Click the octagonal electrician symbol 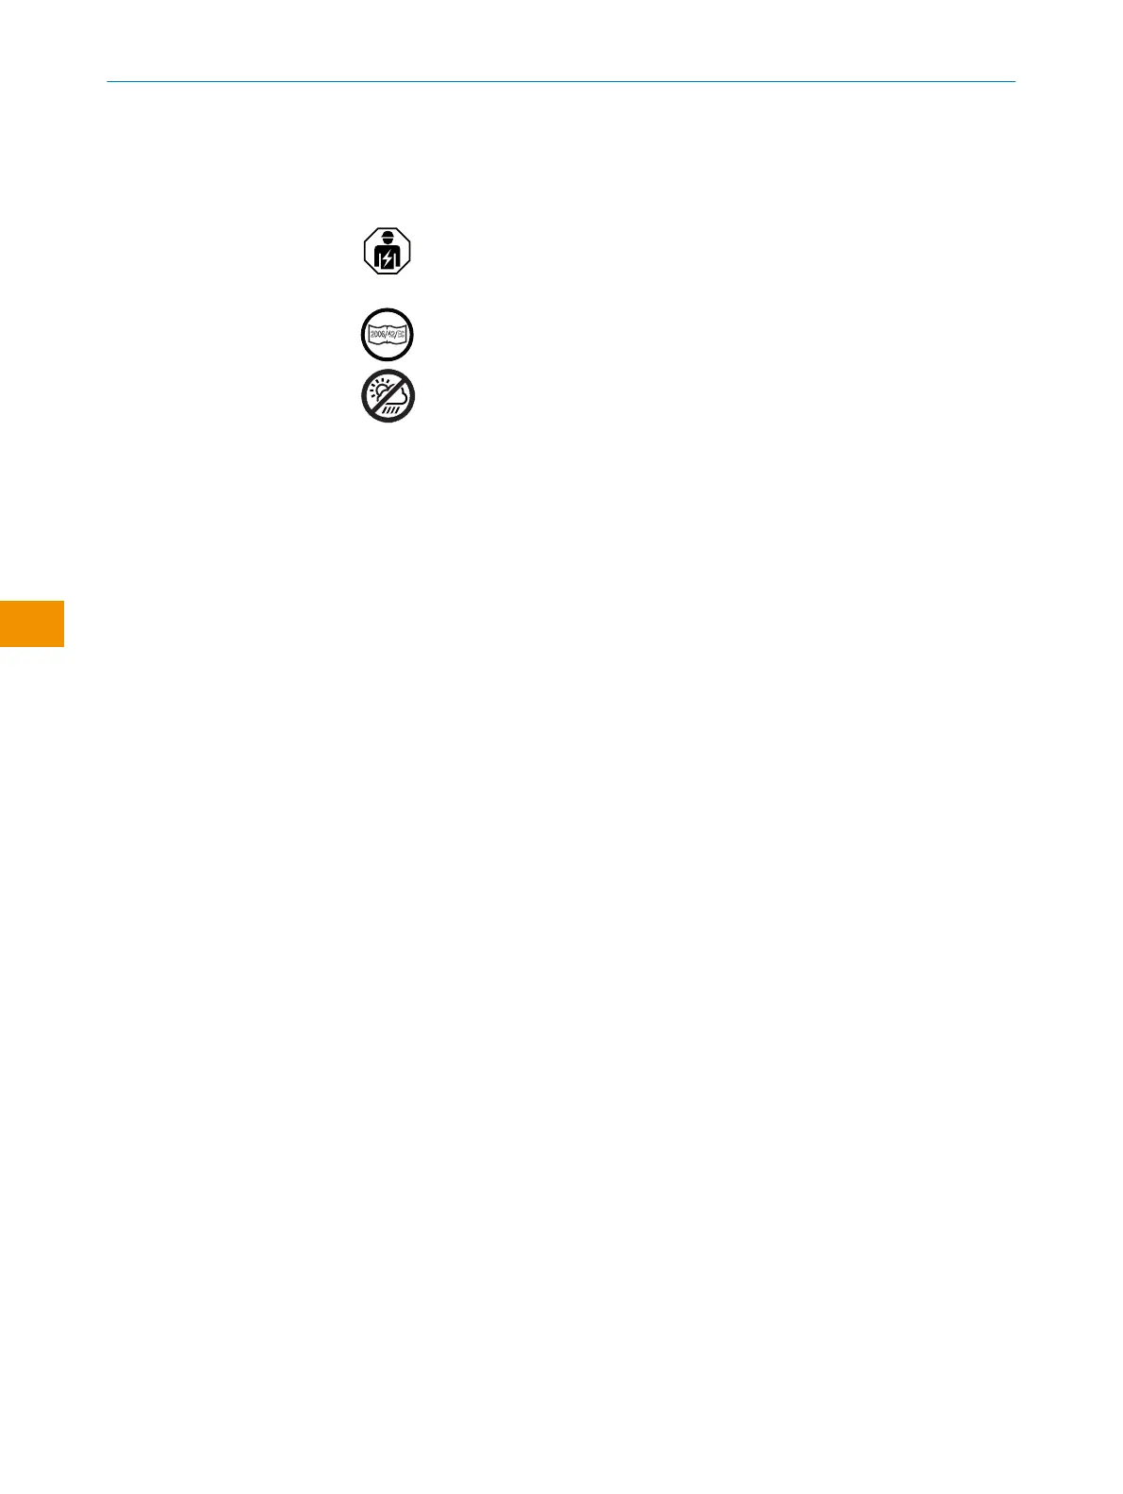click(x=388, y=252)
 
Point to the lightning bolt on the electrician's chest click(x=388, y=259)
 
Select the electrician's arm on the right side click(x=397, y=258)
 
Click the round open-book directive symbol click(x=388, y=335)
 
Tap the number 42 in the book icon click(x=390, y=335)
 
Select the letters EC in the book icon click(x=403, y=335)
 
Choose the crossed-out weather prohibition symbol click(x=388, y=397)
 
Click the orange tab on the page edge click(x=32, y=623)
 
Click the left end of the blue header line click(x=108, y=82)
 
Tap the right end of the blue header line click(x=1014, y=82)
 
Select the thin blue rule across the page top click(x=561, y=82)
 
